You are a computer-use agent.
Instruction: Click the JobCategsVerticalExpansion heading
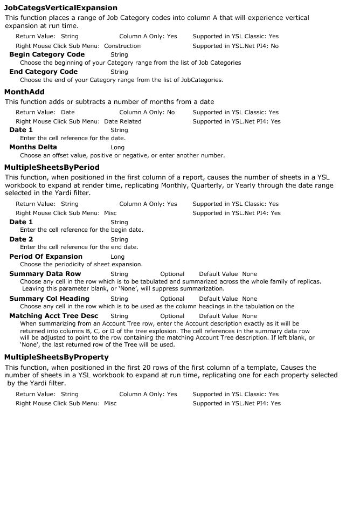tap(60, 8)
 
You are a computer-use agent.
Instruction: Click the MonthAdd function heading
tap(24, 92)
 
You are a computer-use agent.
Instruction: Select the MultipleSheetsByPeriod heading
tap(52, 168)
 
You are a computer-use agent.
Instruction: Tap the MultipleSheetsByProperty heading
tap(56, 357)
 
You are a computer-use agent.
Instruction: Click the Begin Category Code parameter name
tap(47, 54)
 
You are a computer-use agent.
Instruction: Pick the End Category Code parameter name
tap(43, 72)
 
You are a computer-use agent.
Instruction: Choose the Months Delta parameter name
tap(33, 147)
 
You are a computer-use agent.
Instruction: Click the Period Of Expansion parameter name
tap(46, 257)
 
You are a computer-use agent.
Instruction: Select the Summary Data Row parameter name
tap(45, 274)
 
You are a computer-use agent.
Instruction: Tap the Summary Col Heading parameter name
tap(49, 299)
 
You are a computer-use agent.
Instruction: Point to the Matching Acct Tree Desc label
tap(53, 316)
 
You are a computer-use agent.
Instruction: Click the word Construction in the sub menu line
tap(122, 46)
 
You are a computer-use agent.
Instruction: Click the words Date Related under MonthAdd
tap(123, 122)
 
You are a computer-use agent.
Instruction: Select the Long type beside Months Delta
tap(117, 148)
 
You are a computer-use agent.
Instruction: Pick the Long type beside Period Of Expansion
tap(117, 257)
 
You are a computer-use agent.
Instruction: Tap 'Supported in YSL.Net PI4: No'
tap(236, 46)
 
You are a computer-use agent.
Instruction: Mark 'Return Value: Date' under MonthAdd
tap(45, 113)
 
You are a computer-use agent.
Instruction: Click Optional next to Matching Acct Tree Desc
tap(172, 316)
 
